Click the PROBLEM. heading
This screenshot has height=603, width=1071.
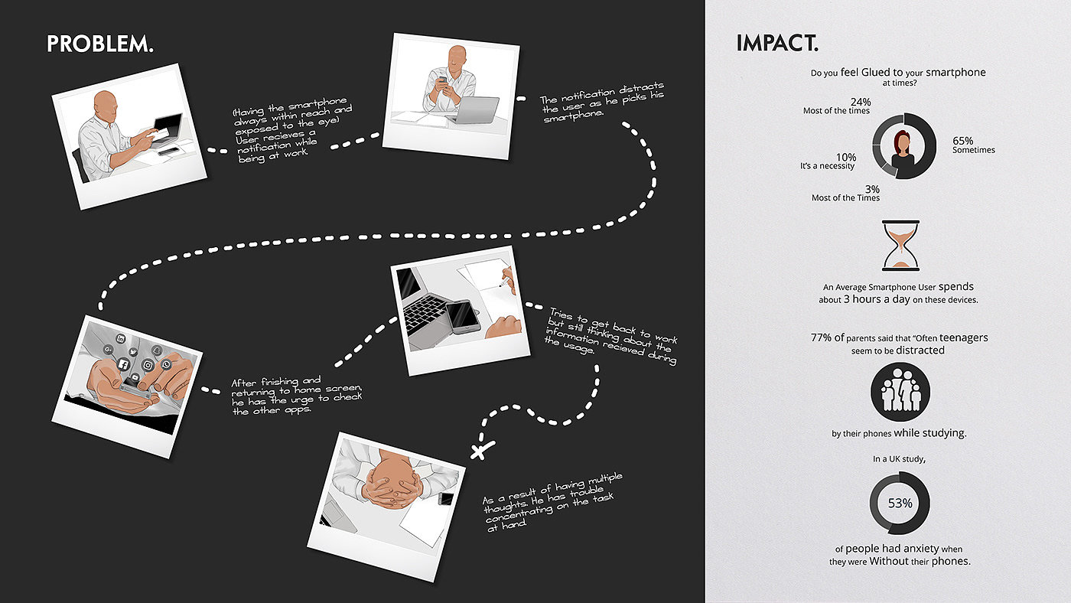pyautogui.click(x=100, y=44)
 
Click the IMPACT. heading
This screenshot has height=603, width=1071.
pyautogui.click(x=777, y=43)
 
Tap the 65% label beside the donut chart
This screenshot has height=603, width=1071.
pyautogui.click(x=963, y=141)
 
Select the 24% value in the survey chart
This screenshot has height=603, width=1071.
pyautogui.click(x=861, y=102)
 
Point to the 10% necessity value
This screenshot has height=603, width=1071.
pyautogui.click(x=846, y=157)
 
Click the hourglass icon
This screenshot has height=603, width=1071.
pyautogui.click(x=901, y=246)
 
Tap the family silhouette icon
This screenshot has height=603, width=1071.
pyautogui.click(x=900, y=392)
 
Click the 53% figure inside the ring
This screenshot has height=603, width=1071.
pyautogui.click(x=900, y=503)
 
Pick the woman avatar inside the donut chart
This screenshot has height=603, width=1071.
pyautogui.click(x=902, y=149)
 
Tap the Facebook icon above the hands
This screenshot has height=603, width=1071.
pyautogui.click(x=123, y=364)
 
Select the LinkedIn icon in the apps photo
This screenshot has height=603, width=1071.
pyautogui.click(x=121, y=338)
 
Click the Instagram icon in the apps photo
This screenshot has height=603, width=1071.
pyautogui.click(x=148, y=366)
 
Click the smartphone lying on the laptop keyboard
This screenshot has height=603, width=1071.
pyautogui.click(x=462, y=316)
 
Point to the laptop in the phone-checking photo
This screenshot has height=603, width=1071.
pyautogui.click(x=474, y=110)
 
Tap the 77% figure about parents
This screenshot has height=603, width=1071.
pyautogui.click(x=821, y=337)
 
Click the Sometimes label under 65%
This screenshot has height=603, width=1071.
pyautogui.click(x=973, y=150)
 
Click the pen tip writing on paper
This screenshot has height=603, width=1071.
pyautogui.click(x=500, y=285)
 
